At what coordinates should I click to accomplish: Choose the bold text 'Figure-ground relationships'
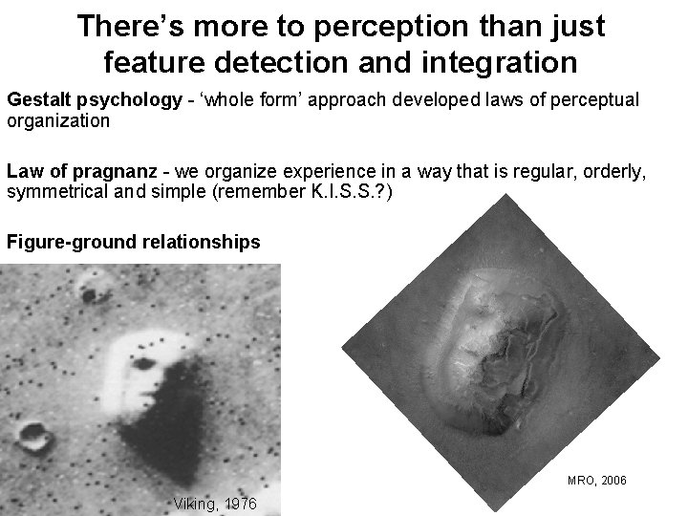pos(133,242)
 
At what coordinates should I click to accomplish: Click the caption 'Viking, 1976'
pos(215,505)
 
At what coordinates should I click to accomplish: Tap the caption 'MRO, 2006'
pos(597,480)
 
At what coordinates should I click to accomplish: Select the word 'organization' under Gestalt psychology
pos(58,121)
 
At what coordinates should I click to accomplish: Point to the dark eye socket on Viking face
pos(143,363)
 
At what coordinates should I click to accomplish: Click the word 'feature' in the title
pos(149,62)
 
